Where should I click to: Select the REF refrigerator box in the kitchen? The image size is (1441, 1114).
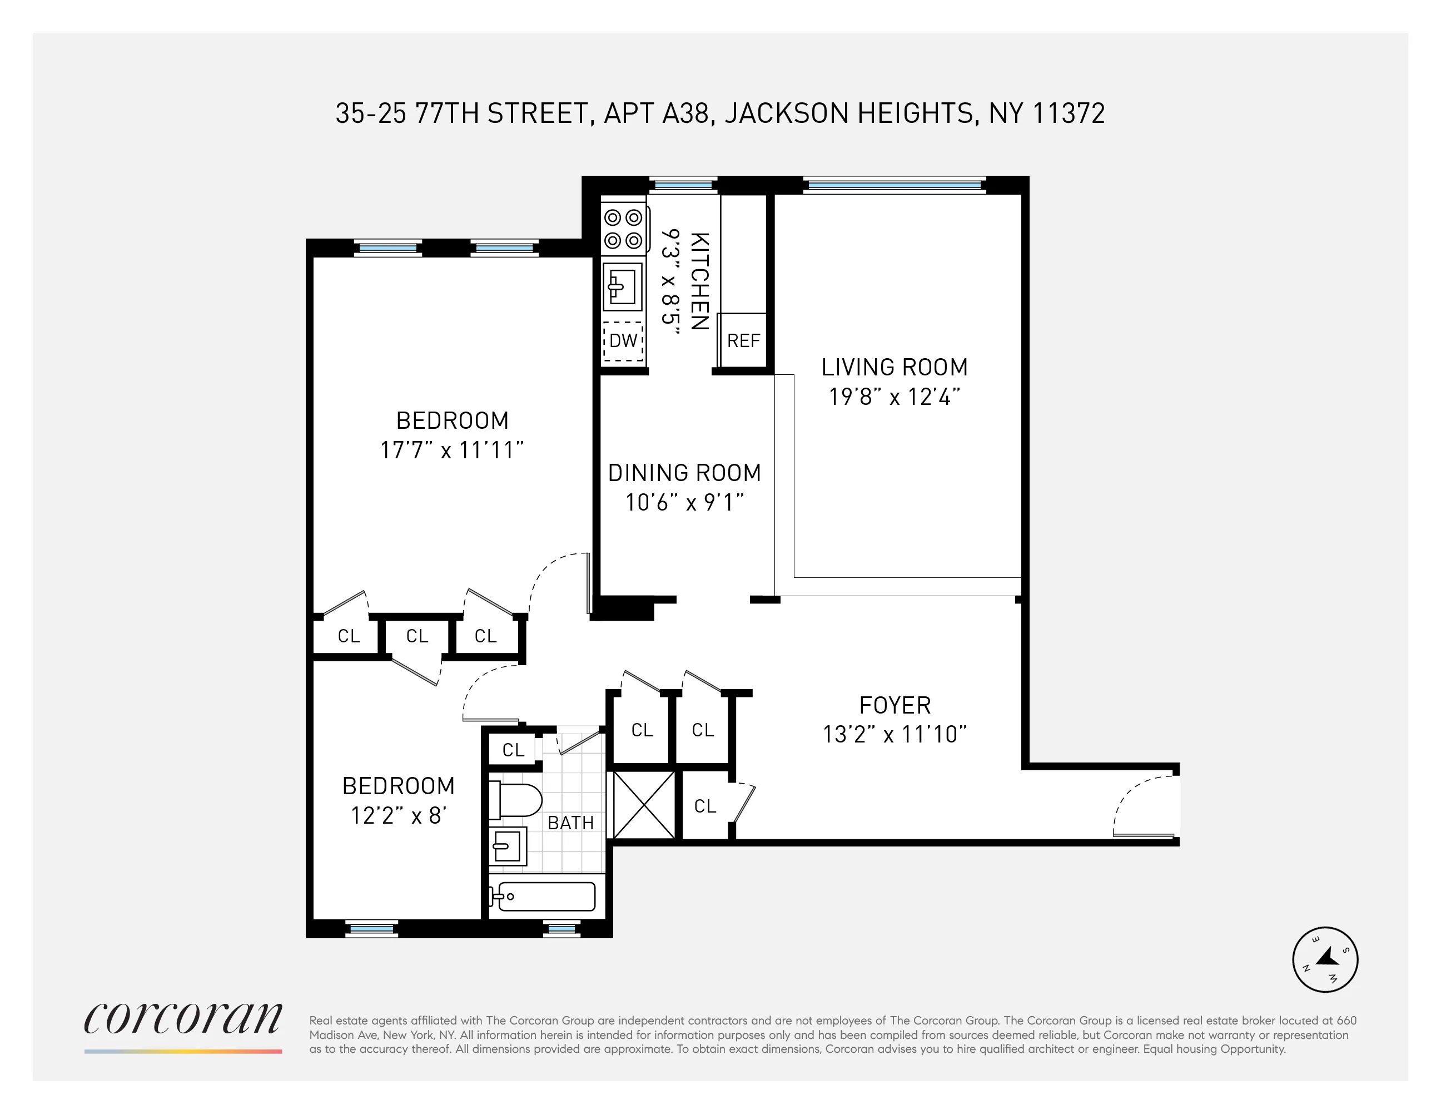[x=743, y=340]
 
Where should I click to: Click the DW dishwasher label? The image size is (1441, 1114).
[x=623, y=340]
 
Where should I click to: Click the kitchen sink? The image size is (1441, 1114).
[x=622, y=287]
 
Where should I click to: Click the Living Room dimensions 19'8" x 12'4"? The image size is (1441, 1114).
[x=894, y=397]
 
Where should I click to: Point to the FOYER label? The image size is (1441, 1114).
[x=895, y=705]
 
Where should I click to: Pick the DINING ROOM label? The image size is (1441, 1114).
[x=684, y=473]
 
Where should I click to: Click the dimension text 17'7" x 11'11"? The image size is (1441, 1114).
[x=452, y=450]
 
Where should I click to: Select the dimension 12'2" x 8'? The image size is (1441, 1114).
[x=399, y=816]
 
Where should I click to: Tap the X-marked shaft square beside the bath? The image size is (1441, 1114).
[x=644, y=805]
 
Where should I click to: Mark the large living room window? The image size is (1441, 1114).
[x=894, y=185]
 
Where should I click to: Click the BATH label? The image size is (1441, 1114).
[x=571, y=823]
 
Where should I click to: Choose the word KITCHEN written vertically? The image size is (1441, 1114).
[x=699, y=281]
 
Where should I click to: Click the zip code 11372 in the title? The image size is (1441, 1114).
[x=1068, y=113]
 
